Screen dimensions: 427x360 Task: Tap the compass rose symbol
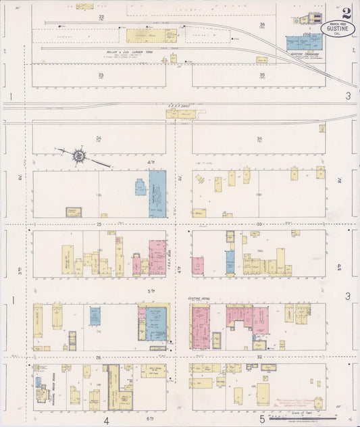(80, 156)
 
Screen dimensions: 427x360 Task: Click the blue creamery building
(304, 42)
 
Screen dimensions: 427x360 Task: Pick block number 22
(101, 15)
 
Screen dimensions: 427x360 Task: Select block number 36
(262, 24)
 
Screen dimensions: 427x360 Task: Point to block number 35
(261, 75)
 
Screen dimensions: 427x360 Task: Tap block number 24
(99, 138)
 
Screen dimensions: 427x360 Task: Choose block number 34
(259, 138)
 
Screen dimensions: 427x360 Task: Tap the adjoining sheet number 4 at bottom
(106, 420)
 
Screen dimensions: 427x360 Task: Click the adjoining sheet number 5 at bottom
(262, 420)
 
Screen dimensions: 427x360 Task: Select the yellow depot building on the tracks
(180, 114)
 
